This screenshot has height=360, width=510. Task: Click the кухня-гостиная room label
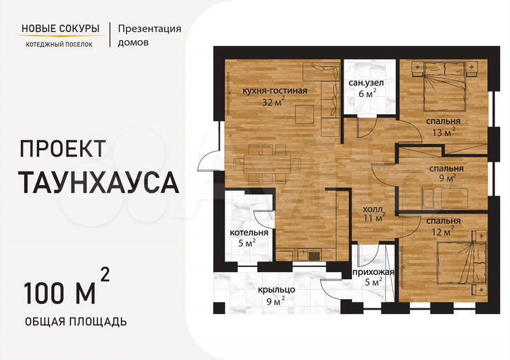coord(274,91)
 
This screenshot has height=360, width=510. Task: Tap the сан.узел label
coord(366,83)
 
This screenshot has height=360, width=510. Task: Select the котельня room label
coord(249,232)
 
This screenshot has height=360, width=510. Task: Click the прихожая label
coord(373,271)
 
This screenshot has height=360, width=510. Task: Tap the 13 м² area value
coord(443,131)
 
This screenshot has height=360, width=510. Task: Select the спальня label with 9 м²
coord(446,169)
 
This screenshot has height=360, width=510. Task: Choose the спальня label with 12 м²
coord(443,220)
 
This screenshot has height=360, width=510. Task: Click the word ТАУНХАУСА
coord(98,183)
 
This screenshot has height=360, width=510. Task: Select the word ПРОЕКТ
coord(63,148)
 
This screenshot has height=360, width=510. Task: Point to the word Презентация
coord(149,29)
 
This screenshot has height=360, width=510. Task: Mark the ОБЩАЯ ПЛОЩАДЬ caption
coord(76,322)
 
